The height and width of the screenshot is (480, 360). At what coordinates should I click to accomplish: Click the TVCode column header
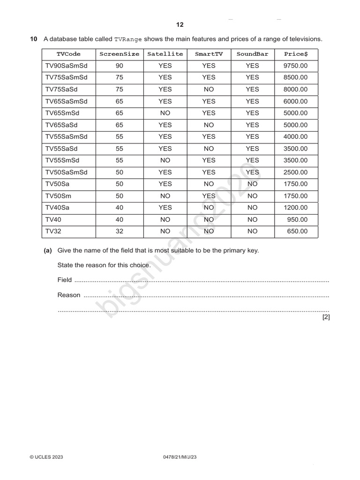68,54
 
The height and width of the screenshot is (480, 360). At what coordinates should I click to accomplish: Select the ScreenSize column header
119,54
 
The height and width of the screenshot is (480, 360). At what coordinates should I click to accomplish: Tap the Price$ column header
296,54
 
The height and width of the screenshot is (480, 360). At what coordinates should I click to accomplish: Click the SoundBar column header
252,54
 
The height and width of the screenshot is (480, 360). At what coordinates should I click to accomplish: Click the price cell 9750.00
296,66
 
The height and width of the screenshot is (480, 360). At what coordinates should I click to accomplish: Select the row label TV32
53,231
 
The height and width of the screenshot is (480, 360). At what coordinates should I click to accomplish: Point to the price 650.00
298,231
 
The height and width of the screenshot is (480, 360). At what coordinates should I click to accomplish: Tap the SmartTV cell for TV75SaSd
209,89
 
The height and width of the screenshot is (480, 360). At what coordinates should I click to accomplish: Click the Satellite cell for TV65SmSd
165,113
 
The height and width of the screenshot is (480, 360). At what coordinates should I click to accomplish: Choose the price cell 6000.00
296,101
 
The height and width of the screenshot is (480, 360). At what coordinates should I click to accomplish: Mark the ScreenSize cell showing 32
119,231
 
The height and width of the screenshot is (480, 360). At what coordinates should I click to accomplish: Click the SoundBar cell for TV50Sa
252,184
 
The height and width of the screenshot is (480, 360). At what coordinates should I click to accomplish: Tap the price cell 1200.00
296,208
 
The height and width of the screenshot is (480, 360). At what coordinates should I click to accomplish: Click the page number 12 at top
180,25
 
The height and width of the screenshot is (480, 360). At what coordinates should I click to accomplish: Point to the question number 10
34,39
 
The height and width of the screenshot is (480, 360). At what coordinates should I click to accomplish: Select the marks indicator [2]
326,317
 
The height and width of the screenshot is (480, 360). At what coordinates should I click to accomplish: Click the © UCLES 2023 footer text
46,457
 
